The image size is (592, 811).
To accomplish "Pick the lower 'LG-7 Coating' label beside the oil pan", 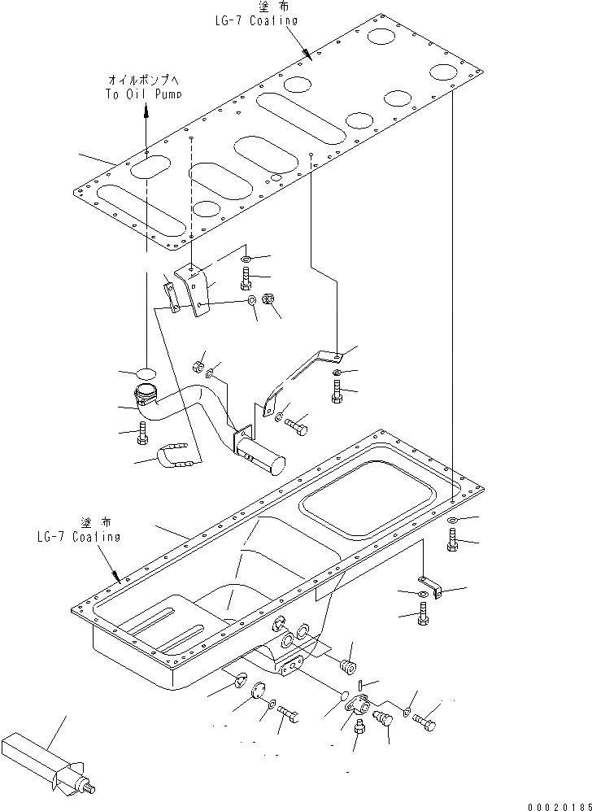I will (78, 536).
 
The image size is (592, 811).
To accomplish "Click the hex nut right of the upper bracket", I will (272, 303).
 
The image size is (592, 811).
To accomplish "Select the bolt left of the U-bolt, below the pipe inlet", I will (143, 433).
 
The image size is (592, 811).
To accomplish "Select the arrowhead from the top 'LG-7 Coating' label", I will (307, 55).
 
